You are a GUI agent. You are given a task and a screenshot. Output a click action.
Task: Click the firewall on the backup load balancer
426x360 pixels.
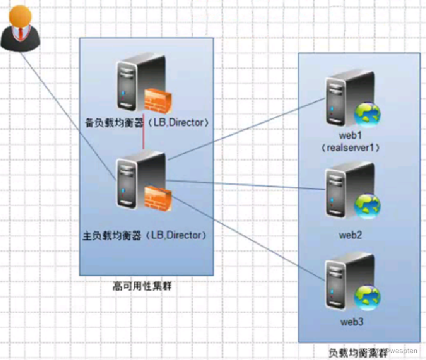[156, 100]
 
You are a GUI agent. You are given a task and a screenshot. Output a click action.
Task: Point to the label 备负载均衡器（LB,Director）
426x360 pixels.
[146, 122]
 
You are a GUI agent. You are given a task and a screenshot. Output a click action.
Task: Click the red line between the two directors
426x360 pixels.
[143, 140]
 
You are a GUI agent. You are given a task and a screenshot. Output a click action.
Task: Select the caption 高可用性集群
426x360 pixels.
[142, 286]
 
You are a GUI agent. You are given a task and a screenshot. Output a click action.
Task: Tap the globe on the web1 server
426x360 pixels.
[368, 115]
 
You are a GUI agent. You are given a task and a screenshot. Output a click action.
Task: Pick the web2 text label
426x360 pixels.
[351, 234]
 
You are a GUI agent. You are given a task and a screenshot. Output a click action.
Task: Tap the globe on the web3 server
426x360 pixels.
[368, 298]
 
